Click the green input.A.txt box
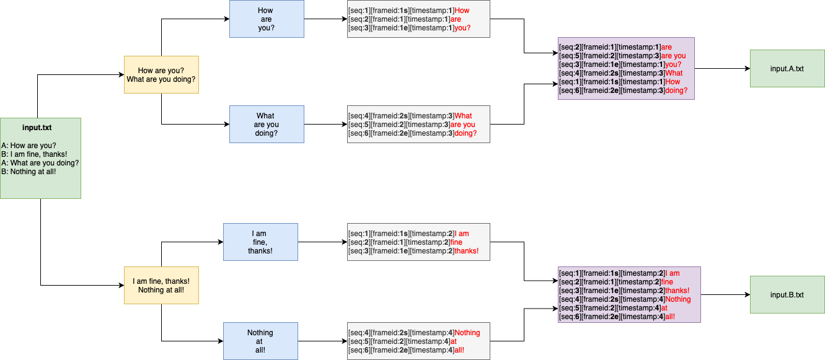coord(787,68)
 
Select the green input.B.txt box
coord(787,295)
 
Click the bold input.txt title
coord(37,128)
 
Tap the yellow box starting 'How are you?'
coord(161,74)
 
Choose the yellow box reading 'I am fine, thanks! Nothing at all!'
coord(161,285)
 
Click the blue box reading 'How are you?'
coord(267,19)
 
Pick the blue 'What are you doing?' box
coord(267,124)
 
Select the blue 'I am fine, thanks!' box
coord(260,242)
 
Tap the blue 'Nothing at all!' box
coord(260,341)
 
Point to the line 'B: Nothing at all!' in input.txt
coord(29,172)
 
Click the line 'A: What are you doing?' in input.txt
coord(40,163)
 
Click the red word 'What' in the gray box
coord(463,116)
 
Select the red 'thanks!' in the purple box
coord(677,291)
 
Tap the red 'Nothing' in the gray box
coord(467,333)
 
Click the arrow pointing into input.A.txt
coord(722,69)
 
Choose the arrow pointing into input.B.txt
coord(725,295)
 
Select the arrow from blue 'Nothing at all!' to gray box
coord(322,341)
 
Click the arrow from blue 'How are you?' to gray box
coord(325,19)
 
